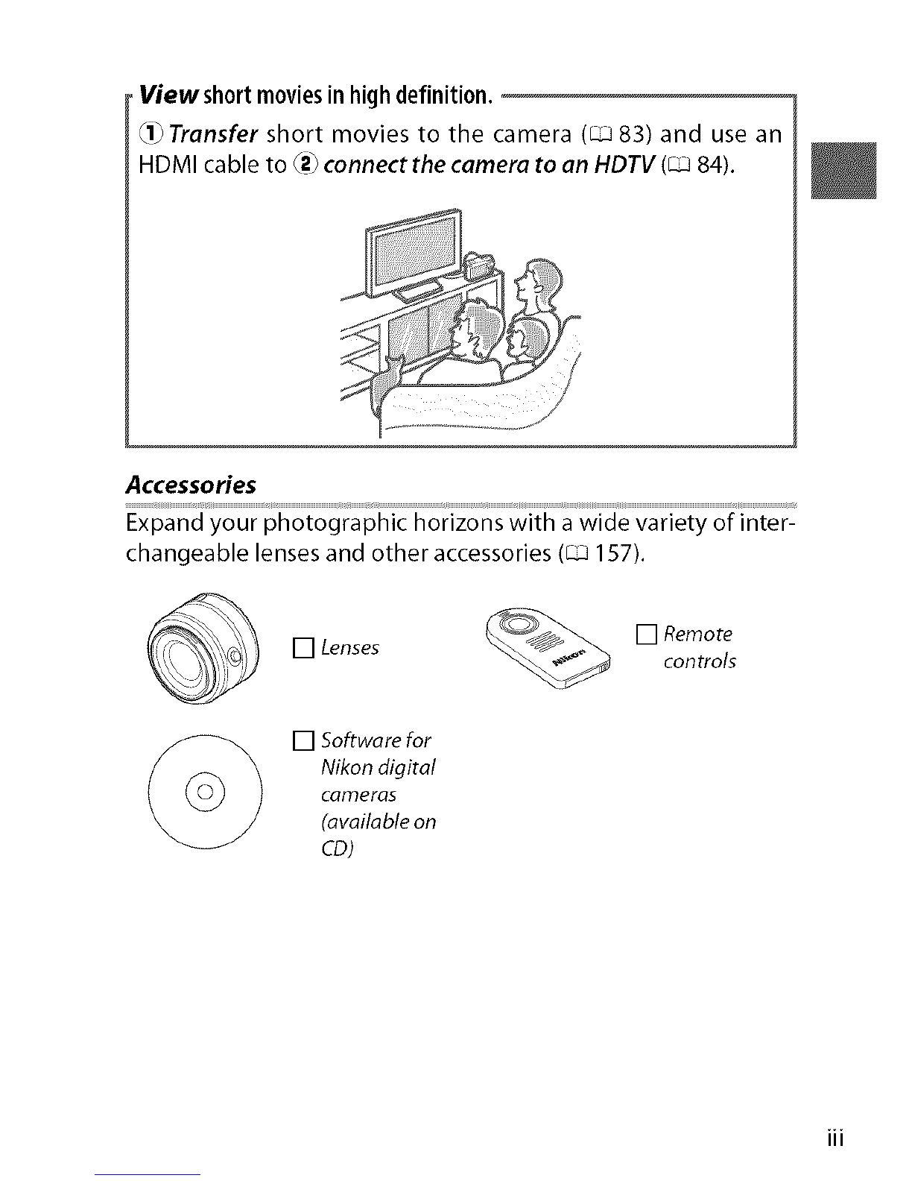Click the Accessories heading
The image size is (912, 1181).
coord(191,485)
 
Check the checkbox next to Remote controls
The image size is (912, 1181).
coord(645,634)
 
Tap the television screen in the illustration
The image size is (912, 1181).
coord(408,250)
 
